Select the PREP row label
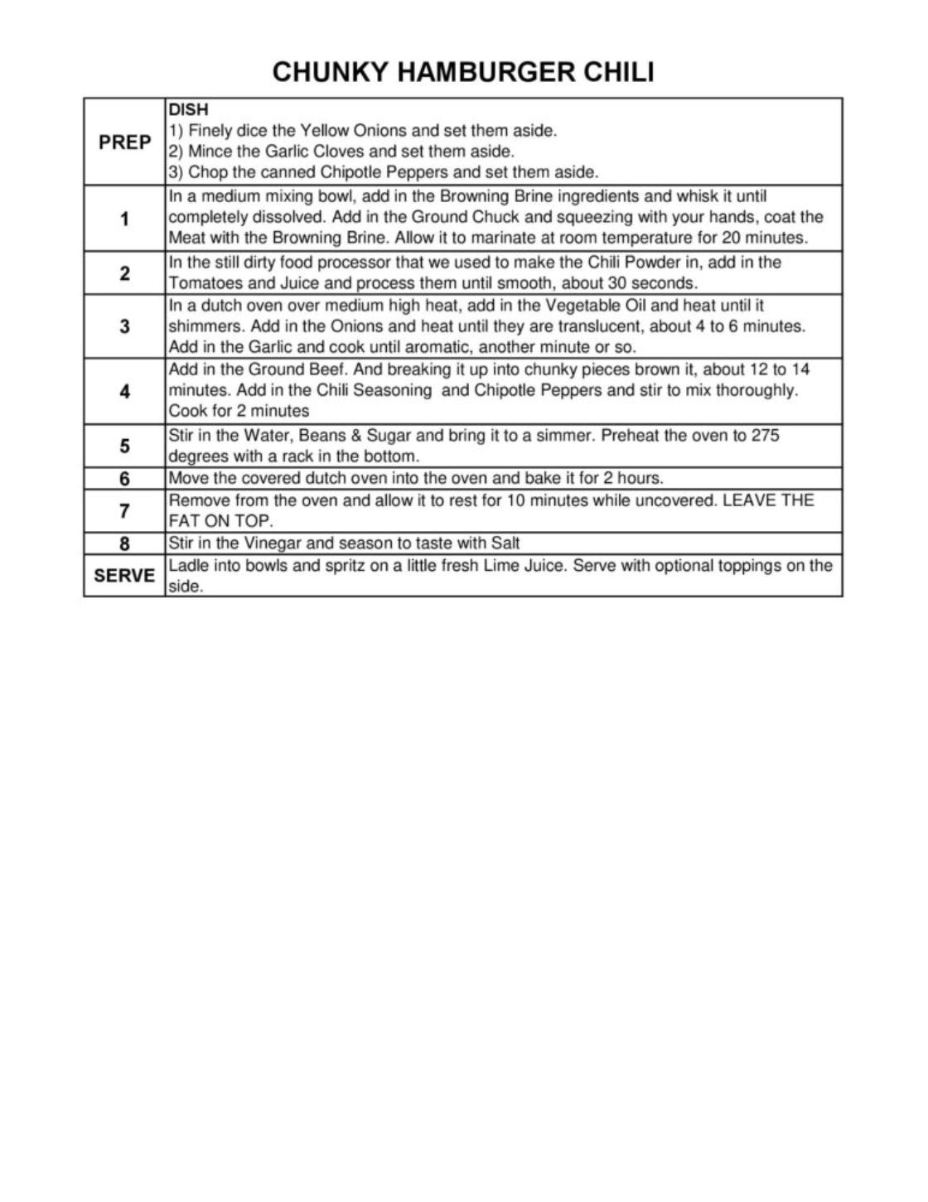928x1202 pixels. [x=124, y=142]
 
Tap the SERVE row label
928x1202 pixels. [x=124, y=576]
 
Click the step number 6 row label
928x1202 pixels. [x=124, y=479]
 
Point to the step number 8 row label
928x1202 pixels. [x=124, y=544]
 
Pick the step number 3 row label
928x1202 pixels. [x=124, y=326]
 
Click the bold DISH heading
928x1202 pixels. [x=188, y=109]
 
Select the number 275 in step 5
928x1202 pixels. [x=765, y=436]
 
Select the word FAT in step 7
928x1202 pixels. [x=186, y=522]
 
